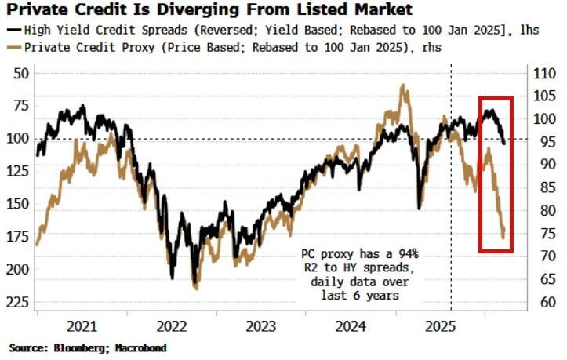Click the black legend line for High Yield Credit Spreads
click(13, 31)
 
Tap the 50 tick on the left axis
click(22, 73)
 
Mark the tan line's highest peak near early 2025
click(405, 85)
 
